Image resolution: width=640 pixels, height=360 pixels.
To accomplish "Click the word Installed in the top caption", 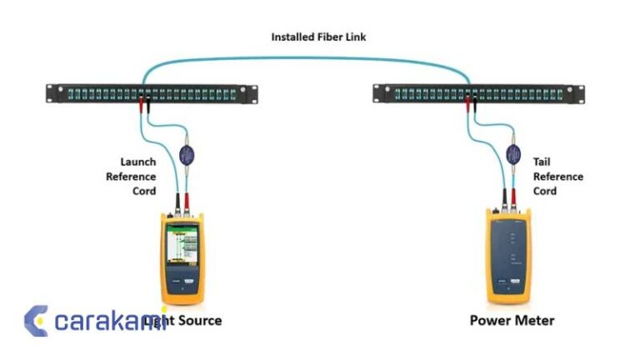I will [x=289, y=37].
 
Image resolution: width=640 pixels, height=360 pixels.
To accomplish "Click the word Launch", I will [x=137, y=162].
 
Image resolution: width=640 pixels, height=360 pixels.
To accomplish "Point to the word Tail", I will [x=542, y=162].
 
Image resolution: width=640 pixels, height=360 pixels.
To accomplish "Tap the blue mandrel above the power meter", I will [x=514, y=153].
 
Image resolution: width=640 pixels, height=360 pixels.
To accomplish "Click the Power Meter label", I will [x=512, y=320].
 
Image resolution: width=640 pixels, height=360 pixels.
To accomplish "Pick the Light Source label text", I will [x=183, y=320].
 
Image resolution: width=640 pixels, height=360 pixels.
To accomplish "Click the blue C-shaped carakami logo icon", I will [x=35, y=321].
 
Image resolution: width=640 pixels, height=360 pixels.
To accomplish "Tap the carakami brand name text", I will [x=104, y=321].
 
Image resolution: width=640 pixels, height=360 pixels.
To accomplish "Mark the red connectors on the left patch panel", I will [x=146, y=104].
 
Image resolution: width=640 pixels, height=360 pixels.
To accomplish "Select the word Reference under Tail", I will [x=557, y=176].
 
